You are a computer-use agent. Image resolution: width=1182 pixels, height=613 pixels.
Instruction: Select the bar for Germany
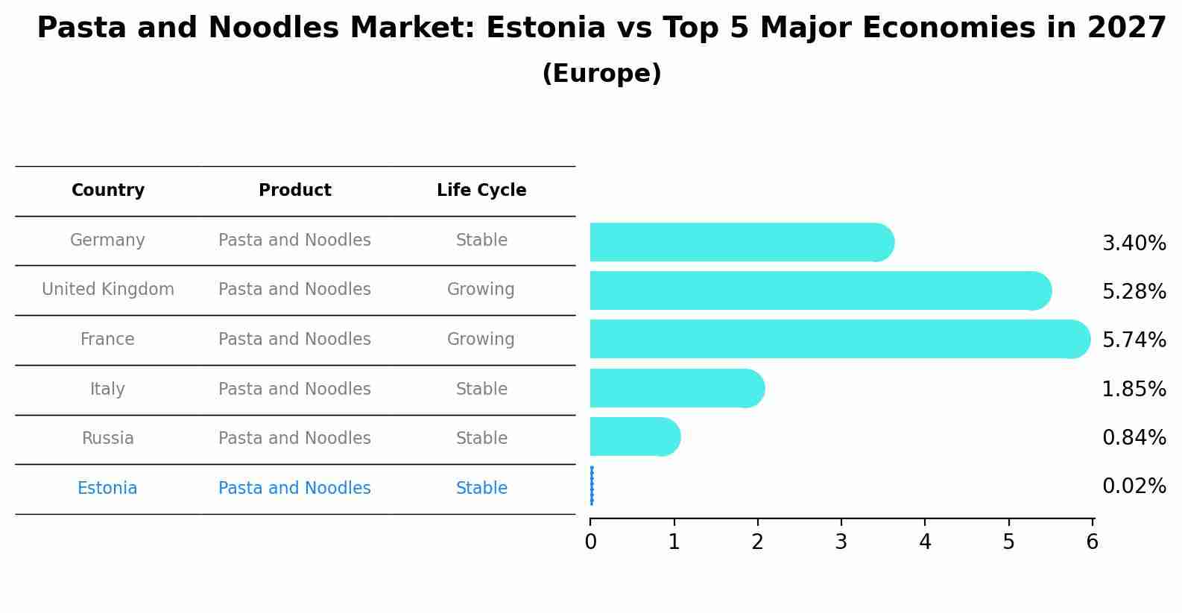(738, 242)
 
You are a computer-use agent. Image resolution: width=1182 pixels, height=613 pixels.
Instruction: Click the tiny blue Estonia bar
(592, 486)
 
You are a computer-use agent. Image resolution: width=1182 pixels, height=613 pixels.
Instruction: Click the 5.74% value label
(1134, 340)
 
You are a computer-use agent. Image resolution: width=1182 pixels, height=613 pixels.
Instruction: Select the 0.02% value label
(1134, 486)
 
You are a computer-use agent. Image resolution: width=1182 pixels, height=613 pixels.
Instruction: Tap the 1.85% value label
(1134, 389)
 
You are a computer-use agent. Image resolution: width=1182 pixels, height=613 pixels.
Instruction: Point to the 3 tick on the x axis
(841, 542)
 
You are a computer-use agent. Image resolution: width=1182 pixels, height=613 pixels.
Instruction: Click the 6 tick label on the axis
(1092, 542)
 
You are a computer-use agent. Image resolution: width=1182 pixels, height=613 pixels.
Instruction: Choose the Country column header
(108, 191)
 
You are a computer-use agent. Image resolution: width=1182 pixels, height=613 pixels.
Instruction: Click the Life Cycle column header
(481, 191)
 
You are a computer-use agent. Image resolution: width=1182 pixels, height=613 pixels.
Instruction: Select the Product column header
(294, 191)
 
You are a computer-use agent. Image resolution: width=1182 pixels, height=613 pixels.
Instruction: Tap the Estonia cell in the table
(107, 489)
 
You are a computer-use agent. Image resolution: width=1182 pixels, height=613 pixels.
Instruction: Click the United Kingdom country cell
(108, 290)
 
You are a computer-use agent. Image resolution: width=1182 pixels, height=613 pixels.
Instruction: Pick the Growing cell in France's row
(481, 340)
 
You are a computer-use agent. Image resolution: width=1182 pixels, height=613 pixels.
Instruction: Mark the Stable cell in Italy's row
(481, 389)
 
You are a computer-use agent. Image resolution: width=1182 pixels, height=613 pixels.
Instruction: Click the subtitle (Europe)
(601, 74)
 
